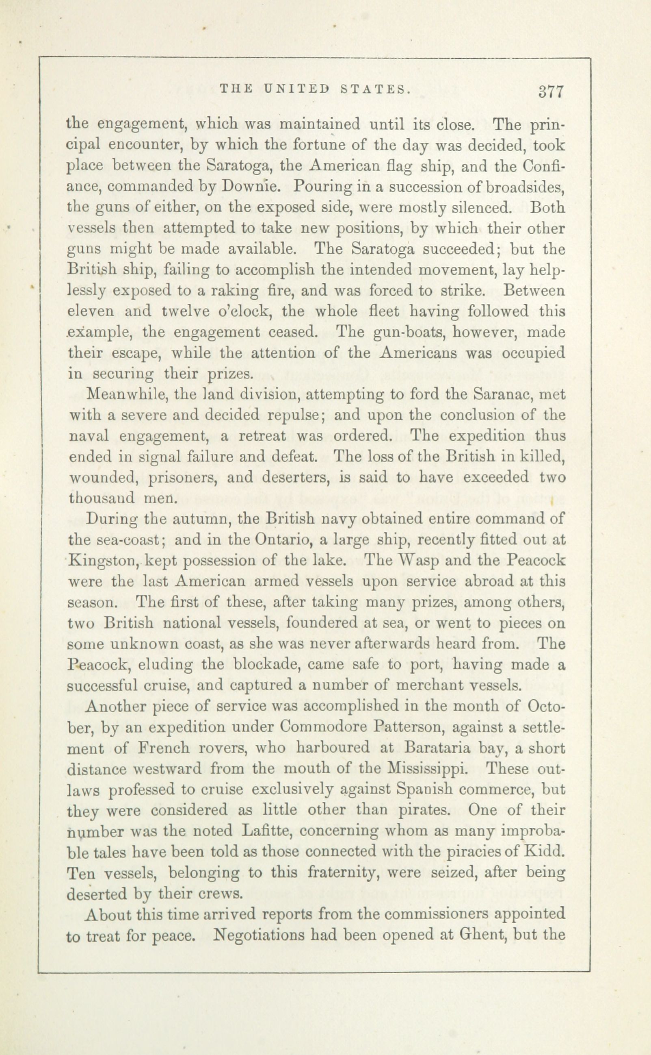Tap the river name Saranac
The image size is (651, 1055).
(x=503, y=394)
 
